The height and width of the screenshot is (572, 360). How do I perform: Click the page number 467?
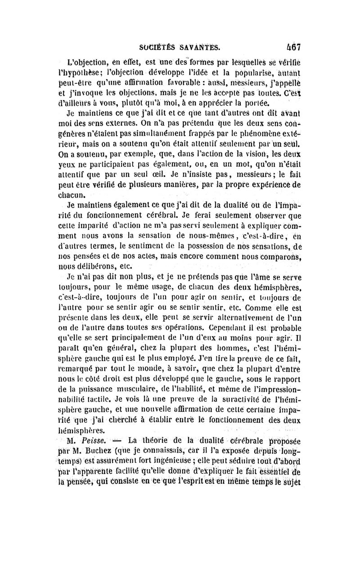point(292,47)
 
